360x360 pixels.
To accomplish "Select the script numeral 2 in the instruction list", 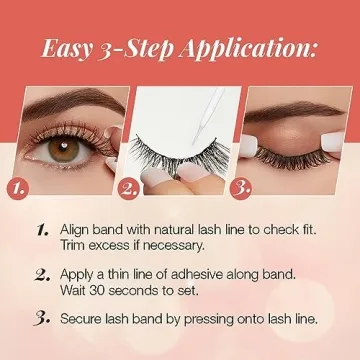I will [41, 273].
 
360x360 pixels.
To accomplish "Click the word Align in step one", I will [76, 228].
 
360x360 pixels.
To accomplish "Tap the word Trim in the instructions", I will [74, 245].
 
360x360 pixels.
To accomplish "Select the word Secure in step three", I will [83, 319].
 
